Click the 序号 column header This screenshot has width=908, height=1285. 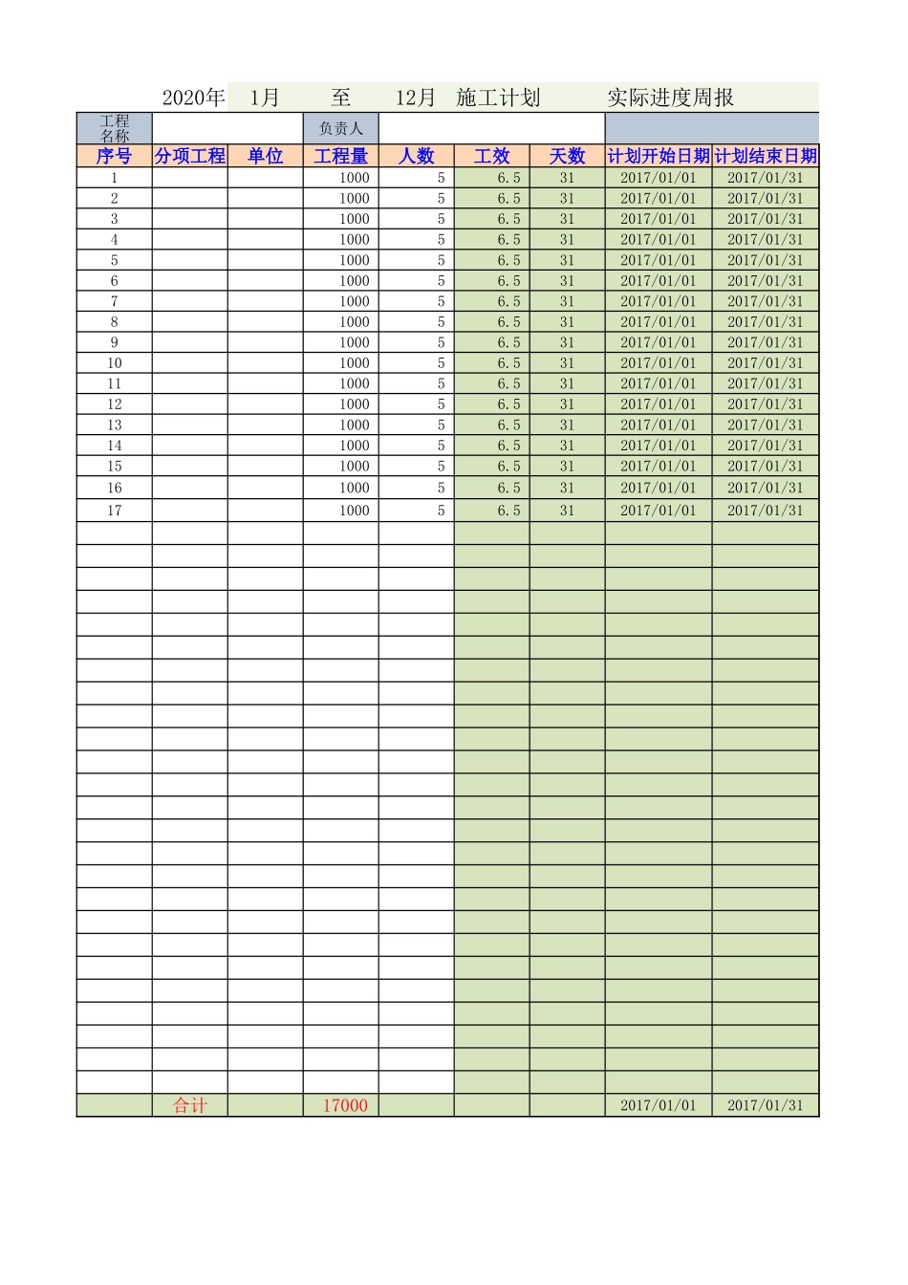click(x=114, y=156)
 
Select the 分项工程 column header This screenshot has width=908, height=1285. click(x=189, y=156)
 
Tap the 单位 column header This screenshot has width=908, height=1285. click(x=265, y=156)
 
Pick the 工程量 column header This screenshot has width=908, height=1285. click(x=340, y=156)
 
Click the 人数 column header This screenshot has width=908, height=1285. click(x=416, y=156)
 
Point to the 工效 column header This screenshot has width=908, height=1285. click(x=491, y=156)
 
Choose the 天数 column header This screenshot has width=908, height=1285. click(x=567, y=156)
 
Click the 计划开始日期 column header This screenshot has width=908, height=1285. click(x=659, y=156)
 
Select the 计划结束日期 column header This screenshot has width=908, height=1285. click(x=766, y=156)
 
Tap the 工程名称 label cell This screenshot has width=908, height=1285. click(x=114, y=128)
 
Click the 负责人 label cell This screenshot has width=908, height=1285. click(x=340, y=128)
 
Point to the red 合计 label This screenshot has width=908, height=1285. click(x=189, y=1105)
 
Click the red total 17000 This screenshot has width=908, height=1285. click(x=344, y=1105)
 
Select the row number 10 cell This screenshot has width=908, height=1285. click(x=114, y=363)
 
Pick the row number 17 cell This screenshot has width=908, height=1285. click(x=114, y=511)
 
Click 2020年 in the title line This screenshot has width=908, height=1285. click(x=193, y=98)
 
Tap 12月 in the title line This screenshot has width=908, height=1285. click(x=415, y=98)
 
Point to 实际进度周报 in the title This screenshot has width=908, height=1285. click(x=670, y=98)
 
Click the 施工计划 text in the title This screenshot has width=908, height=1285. click(x=498, y=98)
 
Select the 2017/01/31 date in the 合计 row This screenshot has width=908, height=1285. click(x=765, y=1105)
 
